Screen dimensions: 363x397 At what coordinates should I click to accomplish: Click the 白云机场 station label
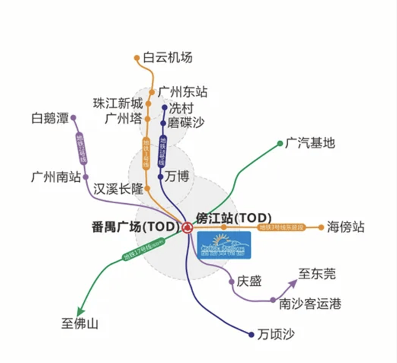[x=167, y=57]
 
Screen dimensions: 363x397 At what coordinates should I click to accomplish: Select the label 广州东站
[x=182, y=92]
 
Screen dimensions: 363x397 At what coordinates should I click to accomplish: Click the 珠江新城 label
[x=118, y=103]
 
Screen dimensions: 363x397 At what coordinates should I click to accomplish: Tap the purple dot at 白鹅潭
[x=73, y=117]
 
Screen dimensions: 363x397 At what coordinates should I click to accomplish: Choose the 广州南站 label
[x=56, y=177]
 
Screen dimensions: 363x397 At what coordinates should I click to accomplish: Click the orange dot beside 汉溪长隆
[x=147, y=188]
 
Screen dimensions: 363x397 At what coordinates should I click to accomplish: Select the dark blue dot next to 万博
[x=160, y=176]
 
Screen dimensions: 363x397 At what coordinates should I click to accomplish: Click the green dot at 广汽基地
[x=280, y=143]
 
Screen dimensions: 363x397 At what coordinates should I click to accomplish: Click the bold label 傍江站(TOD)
[x=234, y=218]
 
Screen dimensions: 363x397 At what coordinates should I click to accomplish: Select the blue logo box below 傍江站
[x=224, y=246]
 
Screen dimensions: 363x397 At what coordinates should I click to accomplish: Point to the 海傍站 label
[x=346, y=227]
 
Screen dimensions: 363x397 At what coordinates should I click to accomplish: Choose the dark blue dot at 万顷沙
[x=251, y=335]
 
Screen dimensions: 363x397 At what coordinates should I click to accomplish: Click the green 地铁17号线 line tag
[x=142, y=249]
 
